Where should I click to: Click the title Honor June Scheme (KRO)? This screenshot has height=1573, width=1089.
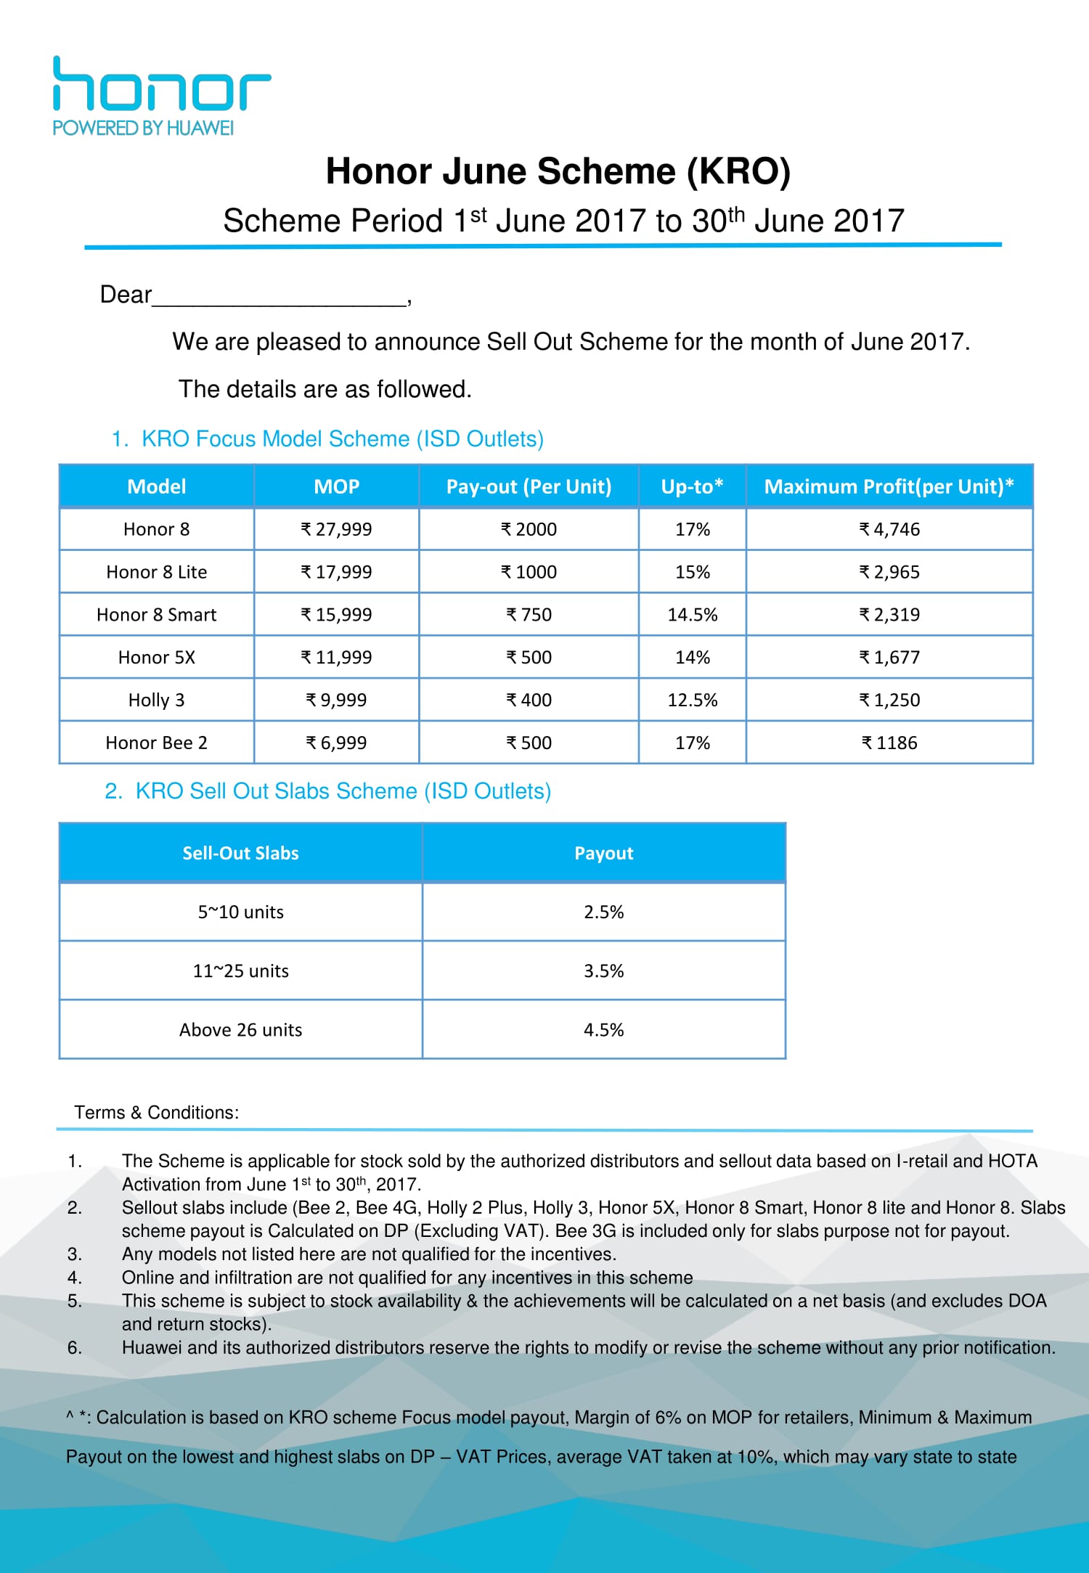558,172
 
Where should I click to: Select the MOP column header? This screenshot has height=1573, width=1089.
336,486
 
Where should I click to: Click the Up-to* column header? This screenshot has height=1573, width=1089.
692,486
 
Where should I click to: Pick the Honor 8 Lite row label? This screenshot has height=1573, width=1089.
156,572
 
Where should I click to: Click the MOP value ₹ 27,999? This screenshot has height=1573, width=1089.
336,529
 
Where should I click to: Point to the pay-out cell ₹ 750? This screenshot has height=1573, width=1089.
529,615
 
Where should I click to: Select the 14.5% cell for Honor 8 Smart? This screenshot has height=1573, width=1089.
692,615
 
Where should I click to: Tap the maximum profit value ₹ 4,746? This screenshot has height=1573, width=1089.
889,529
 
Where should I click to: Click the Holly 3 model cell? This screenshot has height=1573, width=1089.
156,700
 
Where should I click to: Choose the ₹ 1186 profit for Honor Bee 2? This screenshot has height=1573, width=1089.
889,743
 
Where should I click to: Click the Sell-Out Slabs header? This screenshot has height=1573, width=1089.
240,853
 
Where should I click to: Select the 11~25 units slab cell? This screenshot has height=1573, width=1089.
240,971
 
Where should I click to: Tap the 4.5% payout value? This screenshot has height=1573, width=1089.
603,1029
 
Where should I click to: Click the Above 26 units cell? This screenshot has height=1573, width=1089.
240,1029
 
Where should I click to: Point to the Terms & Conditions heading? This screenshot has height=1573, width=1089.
156,1112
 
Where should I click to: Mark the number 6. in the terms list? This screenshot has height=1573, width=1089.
75,1347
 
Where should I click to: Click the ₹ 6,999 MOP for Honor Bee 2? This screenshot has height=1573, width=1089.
336,743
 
